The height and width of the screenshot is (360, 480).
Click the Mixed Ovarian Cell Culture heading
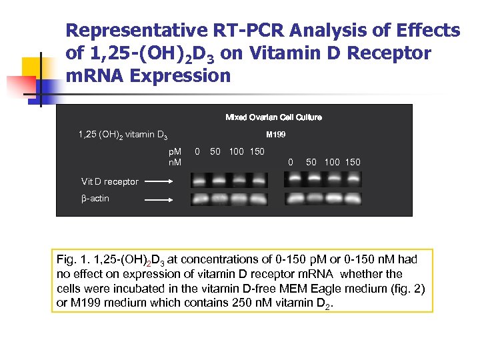tap(273, 117)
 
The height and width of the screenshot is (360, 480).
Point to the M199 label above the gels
tap(276, 135)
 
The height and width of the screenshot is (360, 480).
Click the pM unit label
tap(175, 151)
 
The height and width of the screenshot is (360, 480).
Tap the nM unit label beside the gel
tap(175, 162)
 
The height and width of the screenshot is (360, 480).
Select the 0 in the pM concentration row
tap(197, 151)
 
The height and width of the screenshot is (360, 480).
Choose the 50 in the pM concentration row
tap(215, 151)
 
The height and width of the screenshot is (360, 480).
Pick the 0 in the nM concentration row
tap(290, 161)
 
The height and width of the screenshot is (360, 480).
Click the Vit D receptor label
tap(110, 181)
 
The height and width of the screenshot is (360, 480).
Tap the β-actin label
tap(95, 198)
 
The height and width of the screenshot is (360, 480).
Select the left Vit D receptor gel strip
tap(229, 179)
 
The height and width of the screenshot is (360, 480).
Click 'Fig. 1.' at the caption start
tap(73, 259)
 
